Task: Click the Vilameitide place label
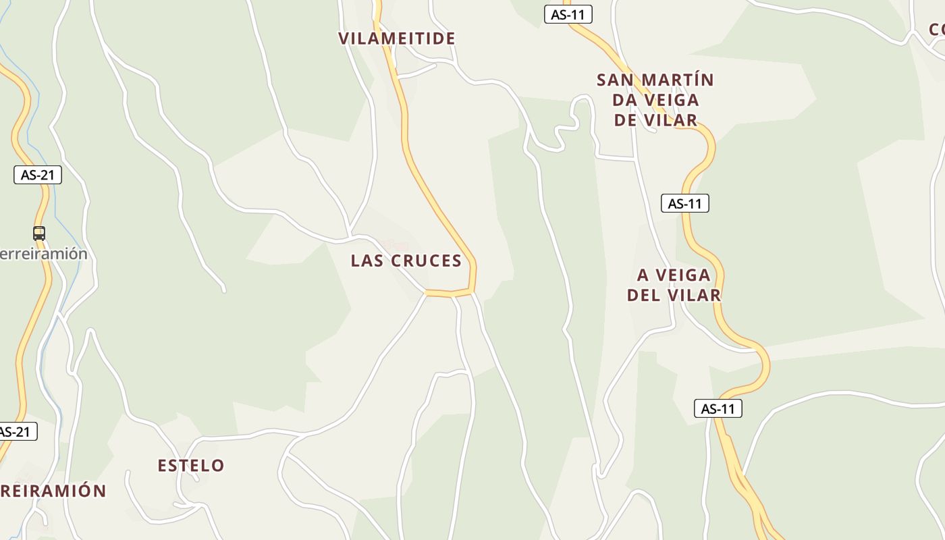click(x=397, y=38)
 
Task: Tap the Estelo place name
click(x=191, y=466)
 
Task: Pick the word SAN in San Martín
click(x=615, y=80)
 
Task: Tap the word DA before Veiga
click(x=625, y=101)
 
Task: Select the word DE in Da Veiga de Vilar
click(x=625, y=121)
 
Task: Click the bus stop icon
click(x=39, y=234)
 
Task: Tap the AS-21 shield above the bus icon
click(x=38, y=175)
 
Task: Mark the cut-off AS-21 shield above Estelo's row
click(x=16, y=432)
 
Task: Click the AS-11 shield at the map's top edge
click(x=568, y=14)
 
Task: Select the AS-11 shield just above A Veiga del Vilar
click(x=685, y=203)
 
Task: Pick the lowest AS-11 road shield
click(x=718, y=408)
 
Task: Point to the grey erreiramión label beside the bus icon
click(x=44, y=254)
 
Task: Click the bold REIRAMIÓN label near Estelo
click(x=53, y=491)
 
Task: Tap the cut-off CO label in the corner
click(x=937, y=30)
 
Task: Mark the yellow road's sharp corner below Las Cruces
click(x=473, y=290)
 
